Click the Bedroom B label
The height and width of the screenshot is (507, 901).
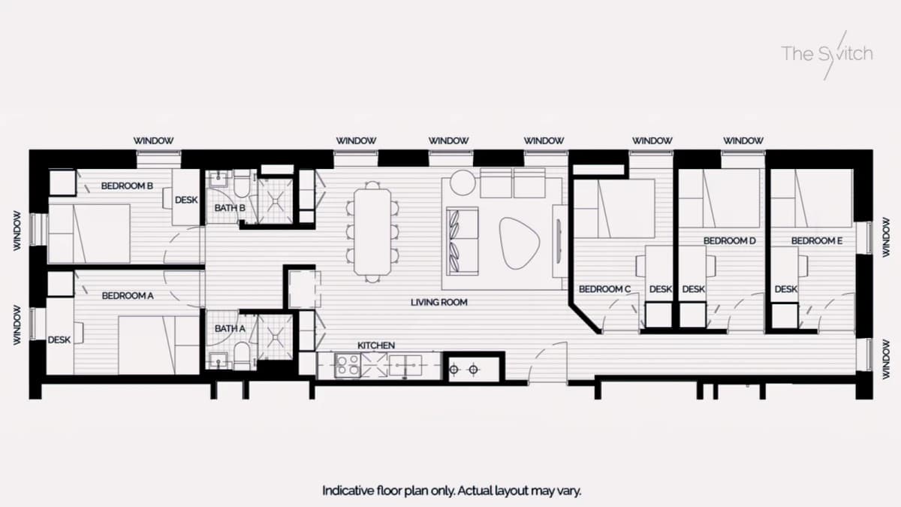pyautogui.click(x=127, y=186)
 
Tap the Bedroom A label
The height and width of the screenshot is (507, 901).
pyautogui.click(x=128, y=296)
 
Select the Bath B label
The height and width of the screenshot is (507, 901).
pyautogui.click(x=230, y=208)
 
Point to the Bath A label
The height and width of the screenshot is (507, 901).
pyautogui.click(x=230, y=329)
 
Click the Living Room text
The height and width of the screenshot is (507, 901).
pyautogui.click(x=438, y=302)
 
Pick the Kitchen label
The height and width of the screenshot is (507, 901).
pyautogui.click(x=376, y=346)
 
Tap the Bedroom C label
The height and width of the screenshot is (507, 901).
pyautogui.click(x=604, y=289)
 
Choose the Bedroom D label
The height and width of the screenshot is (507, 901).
pyautogui.click(x=730, y=240)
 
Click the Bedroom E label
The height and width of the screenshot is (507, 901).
pyautogui.click(x=817, y=240)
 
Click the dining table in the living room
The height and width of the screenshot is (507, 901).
pyautogui.click(x=372, y=232)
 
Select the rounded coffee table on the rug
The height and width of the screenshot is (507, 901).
pyautogui.click(x=520, y=243)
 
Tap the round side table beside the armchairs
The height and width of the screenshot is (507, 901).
pyautogui.click(x=463, y=183)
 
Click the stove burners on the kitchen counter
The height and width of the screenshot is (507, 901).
pyautogui.click(x=348, y=365)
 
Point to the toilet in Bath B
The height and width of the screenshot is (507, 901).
pyautogui.click(x=241, y=183)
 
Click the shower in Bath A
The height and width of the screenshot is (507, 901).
pyautogui.click(x=276, y=337)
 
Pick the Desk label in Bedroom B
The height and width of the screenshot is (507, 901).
pyautogui.click(x=186, y=200)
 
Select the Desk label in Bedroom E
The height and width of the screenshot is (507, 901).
pyautogui.click(x=786, y=289)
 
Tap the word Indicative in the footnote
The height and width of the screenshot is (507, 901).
pyautogui.click(x=348, y=491)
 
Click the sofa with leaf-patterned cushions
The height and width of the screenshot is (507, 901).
pyautogui.click(x=463, y=241)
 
